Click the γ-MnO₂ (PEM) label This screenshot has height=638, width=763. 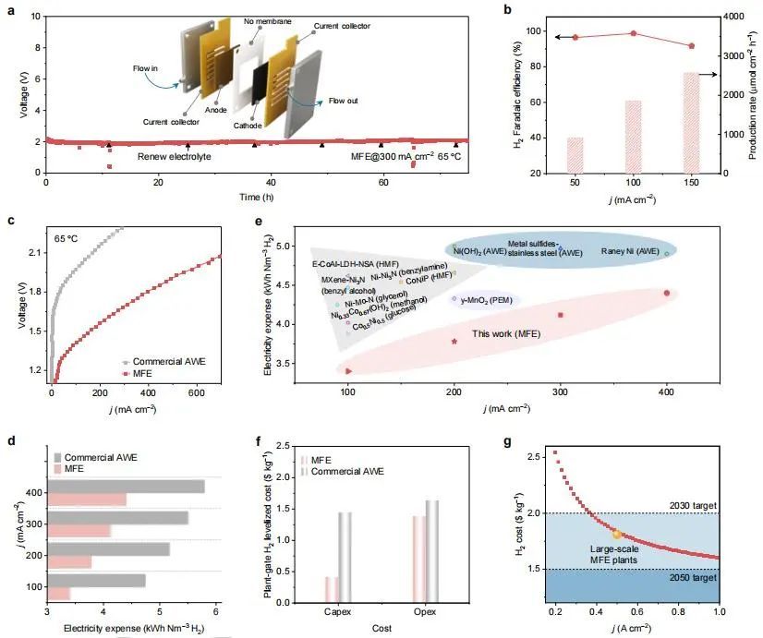pos(487,299)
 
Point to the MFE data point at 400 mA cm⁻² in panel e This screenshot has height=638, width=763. pos(666,294)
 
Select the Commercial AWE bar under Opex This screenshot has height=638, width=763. pos(431,551)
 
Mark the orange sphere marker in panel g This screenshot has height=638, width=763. pos(618,534)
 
